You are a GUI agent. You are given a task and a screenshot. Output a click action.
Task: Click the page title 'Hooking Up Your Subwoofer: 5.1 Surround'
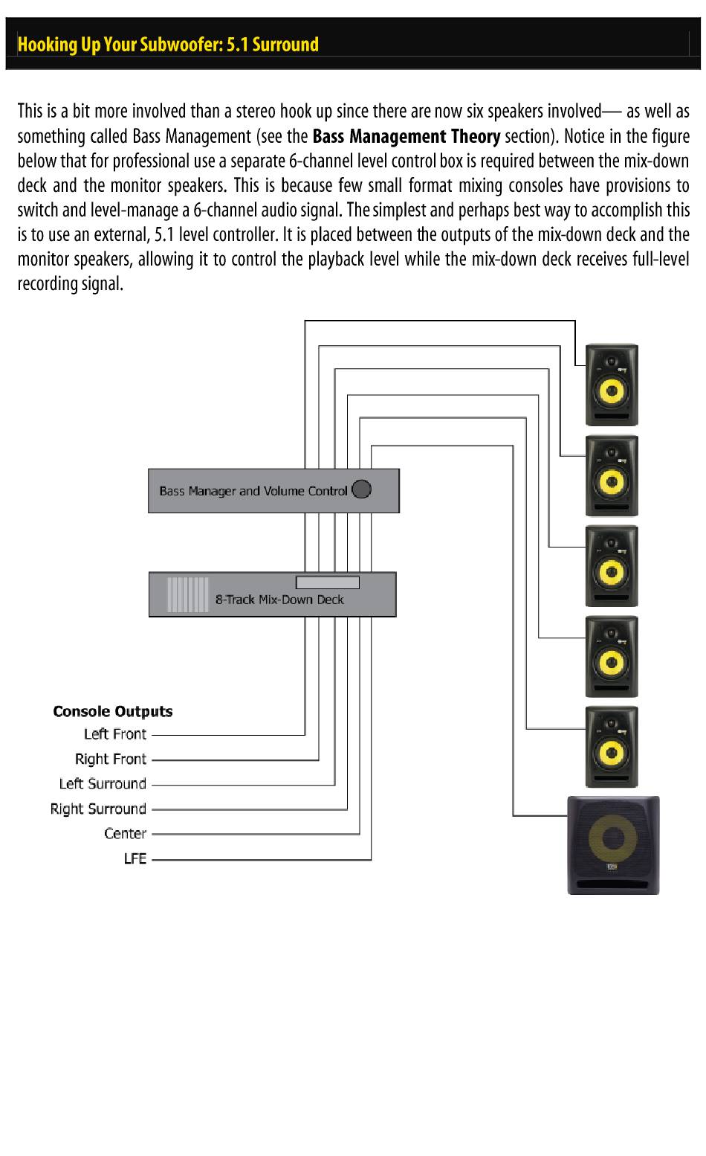tap(168, 45)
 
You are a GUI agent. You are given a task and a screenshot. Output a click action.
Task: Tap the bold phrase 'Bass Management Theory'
tap(407, 136)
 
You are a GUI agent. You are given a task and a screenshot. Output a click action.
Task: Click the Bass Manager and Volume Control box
tap(273, 491)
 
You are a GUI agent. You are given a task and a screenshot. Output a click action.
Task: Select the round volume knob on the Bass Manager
tap(361, 489)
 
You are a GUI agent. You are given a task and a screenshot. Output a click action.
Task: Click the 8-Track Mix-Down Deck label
tap(279, 600)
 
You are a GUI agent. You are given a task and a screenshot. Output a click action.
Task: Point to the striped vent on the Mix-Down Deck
tap(188, 594)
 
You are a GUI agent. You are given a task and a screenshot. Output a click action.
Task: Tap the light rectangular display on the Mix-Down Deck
tap(328, 582)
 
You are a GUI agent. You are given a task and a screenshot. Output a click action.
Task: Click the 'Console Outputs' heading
tap(113, 711)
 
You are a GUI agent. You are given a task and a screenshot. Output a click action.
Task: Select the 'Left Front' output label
tap(115, 734)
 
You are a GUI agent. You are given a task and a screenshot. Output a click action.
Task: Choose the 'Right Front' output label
tap(111, 760)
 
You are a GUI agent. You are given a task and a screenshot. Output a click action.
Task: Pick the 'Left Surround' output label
tap(103, 783)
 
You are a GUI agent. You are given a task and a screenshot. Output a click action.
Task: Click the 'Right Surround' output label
tap(98, 809)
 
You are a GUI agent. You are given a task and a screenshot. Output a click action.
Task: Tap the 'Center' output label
tap(126, 833)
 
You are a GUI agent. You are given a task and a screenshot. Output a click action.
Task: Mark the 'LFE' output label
tap(135, 858)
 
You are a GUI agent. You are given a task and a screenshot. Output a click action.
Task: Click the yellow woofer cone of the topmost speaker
tap(612, 391)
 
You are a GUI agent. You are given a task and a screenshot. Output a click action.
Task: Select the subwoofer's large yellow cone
tap(612, 838)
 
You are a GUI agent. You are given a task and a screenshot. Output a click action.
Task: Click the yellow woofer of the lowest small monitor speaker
tap(612, 753)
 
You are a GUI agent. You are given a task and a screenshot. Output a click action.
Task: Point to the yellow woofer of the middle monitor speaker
tap(612, 572)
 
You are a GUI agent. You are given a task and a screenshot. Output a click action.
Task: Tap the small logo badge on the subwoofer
tap(612, 867)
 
